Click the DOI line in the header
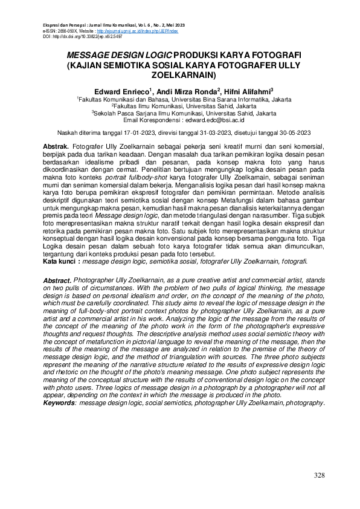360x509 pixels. pos(72,37)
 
